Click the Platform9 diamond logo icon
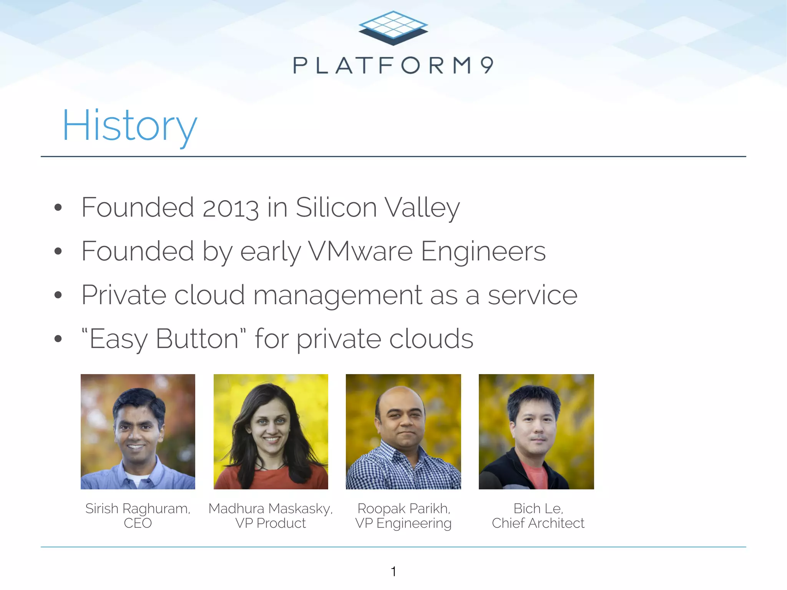point(393,28)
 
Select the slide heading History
point(130,126)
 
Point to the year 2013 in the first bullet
point(230,208)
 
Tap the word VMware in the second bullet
point(360,252)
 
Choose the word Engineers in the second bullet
point(483,252)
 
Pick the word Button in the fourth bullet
point(197,339)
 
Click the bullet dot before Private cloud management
point(58,295)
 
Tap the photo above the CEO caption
point(138,431)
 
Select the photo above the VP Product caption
point(271,431)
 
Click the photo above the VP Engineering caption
point(403,431)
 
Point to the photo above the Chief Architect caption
point(536,431)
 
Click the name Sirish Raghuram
point(138,509)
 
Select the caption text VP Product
point(271,523)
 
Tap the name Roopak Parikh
point(403,509)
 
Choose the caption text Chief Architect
point(538,523)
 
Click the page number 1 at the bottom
point(393,572)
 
